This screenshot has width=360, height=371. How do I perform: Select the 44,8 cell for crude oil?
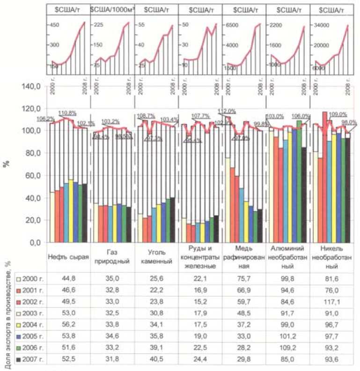point(68,279)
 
